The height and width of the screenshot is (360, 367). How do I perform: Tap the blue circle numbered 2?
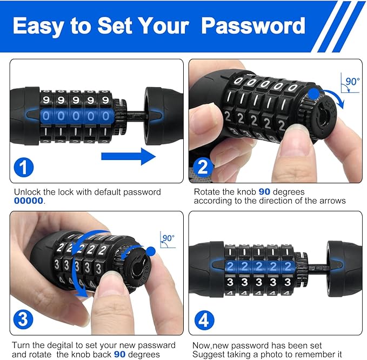click(x=203, y=167)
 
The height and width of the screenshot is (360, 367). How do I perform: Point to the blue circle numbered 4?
click(x=203, y=319)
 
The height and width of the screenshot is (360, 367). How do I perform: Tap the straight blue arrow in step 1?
click(x=128, y=157)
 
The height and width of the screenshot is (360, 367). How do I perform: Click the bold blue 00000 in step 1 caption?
click(x=30, y=201)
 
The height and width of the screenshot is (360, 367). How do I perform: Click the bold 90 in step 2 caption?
click(x=265, y=192)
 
